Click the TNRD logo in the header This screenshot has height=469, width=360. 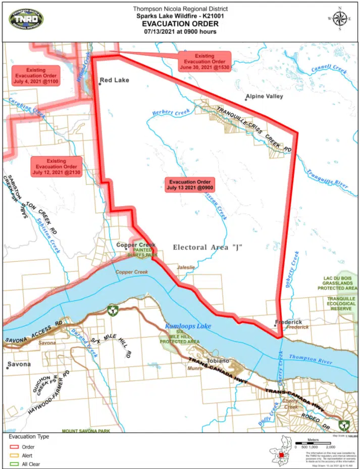(x=26, y=20)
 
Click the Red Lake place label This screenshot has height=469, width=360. (x=114, y=80)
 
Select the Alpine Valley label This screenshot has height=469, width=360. (x=264, y=96)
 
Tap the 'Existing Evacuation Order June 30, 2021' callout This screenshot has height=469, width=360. (x=205, y=62)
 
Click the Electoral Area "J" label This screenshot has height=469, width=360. (x=208, y=247)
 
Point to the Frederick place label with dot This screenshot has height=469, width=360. (x=288, y=322)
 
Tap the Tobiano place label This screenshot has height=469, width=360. (x=218, y=361)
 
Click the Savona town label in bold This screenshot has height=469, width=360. (x=19, y=364)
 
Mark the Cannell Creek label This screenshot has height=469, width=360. (x=329, y=68)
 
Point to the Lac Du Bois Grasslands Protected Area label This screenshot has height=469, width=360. (x=338, y=283)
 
